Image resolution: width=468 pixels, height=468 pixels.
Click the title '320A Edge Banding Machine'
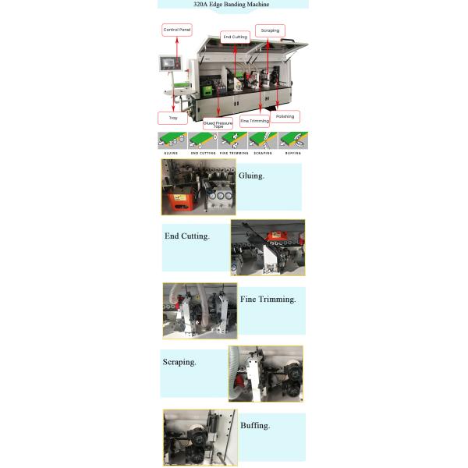pyautogui.click(x=232, y=4)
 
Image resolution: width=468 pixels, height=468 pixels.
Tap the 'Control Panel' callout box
pyautogui.click(x=177, y=30)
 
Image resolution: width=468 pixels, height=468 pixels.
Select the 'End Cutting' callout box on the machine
pyautogui.click(x=236, y=37)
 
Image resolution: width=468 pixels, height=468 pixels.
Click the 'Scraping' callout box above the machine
pyautogui.click(x=270, y=30)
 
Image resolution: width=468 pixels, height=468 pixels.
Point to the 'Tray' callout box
pyautogui.click(x=173, y=118)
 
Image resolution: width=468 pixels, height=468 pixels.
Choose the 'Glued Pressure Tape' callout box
pyautogui.click(x=218, y=124)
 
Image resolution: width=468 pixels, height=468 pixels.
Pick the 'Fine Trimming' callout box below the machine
pyautogui.click(x=254, y=121)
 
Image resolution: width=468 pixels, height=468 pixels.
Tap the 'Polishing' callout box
pyautogui.click(x=285, y=116)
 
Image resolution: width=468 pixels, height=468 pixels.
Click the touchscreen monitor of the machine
pyautogui.click(x=170, y=63)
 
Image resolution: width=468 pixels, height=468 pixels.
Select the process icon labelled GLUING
pyautogui.click(x=172, y=140)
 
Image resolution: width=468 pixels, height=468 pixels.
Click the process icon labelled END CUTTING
pyautogui.click(x=203, y=140)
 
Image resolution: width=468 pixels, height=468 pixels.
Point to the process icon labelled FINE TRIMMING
pyautogui.click(x=232, y=140)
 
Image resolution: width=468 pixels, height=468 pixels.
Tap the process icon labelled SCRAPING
pyautogui.click(x=263, y=140)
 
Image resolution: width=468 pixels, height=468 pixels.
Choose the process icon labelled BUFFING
pyautogui.click(x=293, y=140)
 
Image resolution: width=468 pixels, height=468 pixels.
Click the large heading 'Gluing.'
pyautogui.click(x=251, y=175)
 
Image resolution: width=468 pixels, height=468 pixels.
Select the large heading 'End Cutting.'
pyautogui.click(x=187, y=236)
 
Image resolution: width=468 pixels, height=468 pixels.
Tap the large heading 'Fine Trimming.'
pyautogui.click(x=268, y=300)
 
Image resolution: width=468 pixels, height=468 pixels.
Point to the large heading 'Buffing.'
pyautogui.click(x=255, y=426)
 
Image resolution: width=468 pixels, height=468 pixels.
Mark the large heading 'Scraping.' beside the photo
pyautogui.click(x=179, y=363)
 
